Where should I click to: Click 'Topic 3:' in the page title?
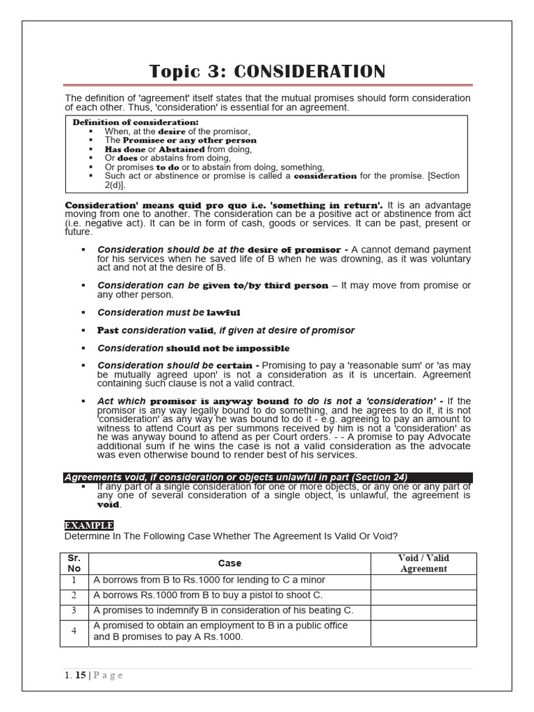tap(188, 72)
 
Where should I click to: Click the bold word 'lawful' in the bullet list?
tap(223, 313)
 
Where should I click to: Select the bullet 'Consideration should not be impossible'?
tap(193, 348)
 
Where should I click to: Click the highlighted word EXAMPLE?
tap(88, 525)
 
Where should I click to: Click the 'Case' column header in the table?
tap(229, 563)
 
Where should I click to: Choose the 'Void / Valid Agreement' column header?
tap(423, 563)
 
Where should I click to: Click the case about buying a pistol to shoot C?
tap(208, 595)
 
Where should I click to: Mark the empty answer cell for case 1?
tap(423, 580)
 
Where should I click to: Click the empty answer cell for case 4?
tap(423, 631)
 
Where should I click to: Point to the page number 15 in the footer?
tap(81, 675)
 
